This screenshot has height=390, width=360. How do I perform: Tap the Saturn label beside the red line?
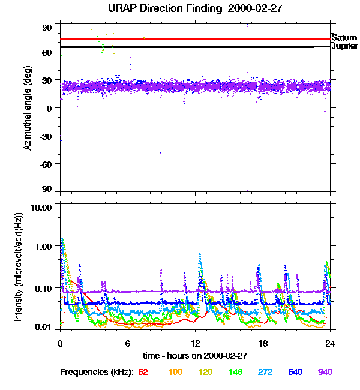344,37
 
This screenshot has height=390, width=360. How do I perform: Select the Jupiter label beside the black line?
344,46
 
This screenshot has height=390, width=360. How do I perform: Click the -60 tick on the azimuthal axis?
46,163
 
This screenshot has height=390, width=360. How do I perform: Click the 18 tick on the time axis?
263,344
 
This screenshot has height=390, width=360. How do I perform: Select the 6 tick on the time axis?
127,344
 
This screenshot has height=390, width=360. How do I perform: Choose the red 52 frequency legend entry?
143,372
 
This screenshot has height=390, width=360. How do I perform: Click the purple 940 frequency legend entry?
325,372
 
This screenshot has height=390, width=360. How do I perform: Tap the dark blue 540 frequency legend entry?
295,372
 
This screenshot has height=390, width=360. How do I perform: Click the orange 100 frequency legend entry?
175,372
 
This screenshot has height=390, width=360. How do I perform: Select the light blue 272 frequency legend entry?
265,372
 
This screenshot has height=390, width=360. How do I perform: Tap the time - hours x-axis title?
196,355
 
